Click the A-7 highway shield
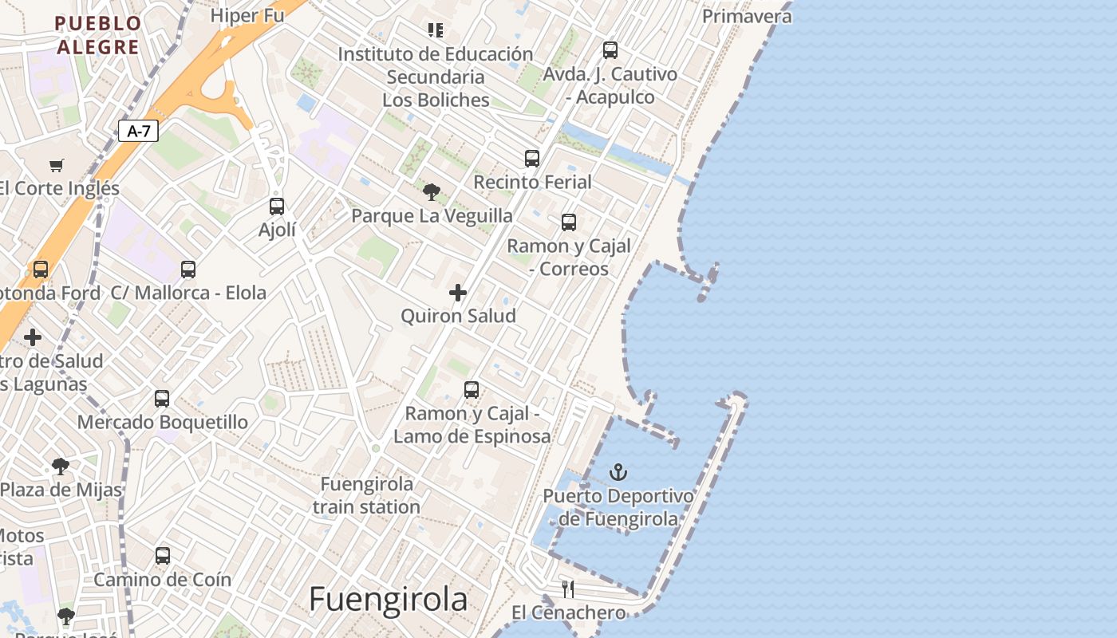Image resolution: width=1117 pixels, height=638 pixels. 138,131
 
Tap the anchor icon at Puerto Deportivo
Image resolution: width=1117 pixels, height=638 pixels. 618,472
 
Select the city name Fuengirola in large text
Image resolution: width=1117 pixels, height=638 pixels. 388,600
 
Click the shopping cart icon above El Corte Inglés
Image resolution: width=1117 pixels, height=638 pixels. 56,165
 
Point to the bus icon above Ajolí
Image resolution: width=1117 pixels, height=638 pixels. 277,207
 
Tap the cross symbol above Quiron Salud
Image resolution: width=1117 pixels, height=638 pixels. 458,293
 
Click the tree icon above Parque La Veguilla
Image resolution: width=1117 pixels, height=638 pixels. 432,192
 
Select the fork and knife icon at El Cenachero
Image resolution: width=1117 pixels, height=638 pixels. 568,589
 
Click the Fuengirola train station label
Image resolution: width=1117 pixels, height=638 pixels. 366,495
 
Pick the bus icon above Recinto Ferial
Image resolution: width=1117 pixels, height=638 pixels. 532,159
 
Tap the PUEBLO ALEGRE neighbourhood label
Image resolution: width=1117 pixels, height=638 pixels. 98,35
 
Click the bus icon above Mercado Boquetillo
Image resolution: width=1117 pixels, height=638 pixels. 162,398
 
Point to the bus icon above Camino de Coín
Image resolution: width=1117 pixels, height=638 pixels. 163,556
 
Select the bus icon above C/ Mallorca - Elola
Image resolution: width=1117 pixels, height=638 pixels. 188,270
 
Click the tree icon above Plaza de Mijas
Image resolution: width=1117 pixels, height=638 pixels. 61,467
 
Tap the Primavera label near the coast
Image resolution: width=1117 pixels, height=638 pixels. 747,16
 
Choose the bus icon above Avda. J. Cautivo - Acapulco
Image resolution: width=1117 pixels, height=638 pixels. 610,50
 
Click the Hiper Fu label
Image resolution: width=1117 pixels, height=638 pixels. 247,15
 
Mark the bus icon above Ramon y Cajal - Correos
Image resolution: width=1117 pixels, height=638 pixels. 569,223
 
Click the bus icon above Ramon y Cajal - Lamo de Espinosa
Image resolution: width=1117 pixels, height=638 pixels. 472,390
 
